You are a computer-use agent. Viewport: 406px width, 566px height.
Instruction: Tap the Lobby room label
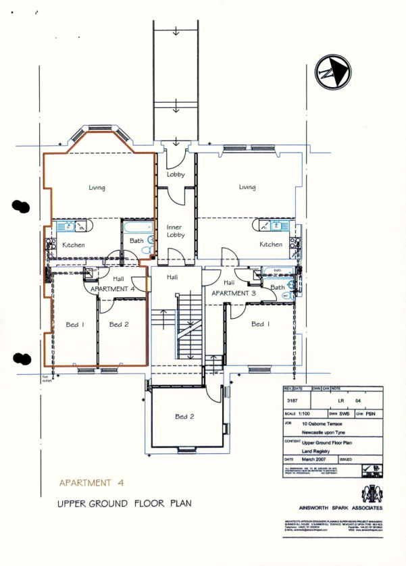tap(176, 175)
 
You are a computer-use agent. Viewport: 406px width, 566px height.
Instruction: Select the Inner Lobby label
tap(176, 232)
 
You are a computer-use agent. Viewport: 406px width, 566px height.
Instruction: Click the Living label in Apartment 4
tap(97, 188)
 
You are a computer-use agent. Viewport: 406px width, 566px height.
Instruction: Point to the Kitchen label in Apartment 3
tap(271, 245)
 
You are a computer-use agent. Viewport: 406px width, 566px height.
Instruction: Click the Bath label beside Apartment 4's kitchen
tap(136, 240)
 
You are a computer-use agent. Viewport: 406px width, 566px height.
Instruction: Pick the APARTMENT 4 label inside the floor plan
tap(113, 288)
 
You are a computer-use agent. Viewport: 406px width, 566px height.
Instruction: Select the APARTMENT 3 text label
tap(234, 294)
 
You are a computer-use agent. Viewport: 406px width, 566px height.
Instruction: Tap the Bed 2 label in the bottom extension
tap(185, 417)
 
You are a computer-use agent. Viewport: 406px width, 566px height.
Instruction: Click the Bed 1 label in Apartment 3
tap(257, 325)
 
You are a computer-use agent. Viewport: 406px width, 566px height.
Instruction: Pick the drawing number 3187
tap(292, 401)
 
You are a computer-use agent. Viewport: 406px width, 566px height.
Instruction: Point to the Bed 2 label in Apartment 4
tap(119, 325)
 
